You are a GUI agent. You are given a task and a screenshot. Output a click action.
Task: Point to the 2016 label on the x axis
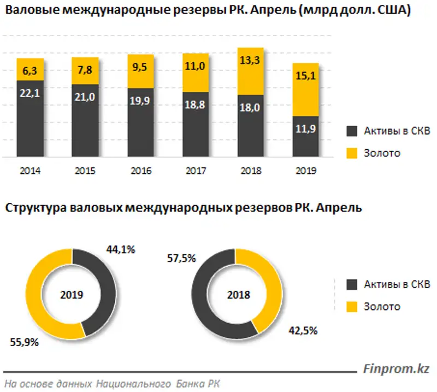click(x=140, y=170)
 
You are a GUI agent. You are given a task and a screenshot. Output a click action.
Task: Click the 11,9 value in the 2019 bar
click(x=305, y=130)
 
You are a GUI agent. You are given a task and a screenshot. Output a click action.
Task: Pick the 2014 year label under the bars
click(x=30, y=170)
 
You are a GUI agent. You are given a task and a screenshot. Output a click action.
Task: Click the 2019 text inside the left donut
click(x=72, y=294)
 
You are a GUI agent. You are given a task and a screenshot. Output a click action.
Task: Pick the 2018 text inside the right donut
click(x=239, y=294)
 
